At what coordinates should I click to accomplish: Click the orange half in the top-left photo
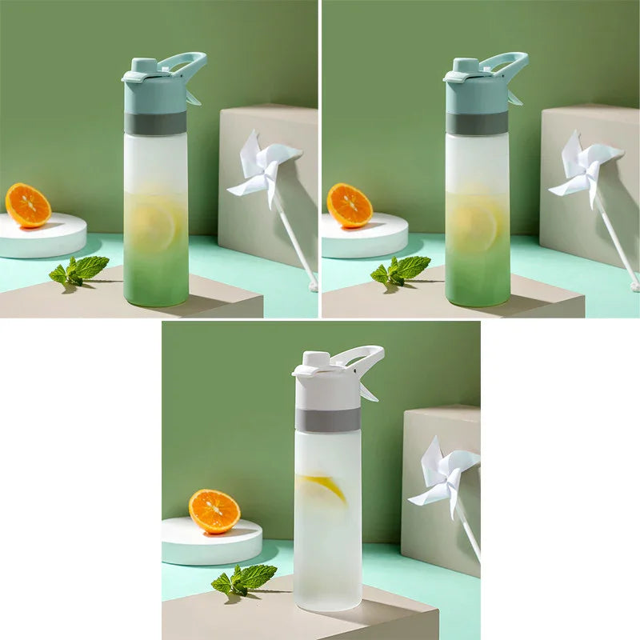[28, 205]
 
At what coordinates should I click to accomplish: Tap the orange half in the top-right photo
[350, 205]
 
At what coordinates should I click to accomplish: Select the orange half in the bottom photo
[214, 511]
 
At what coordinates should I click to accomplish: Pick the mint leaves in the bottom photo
[244, 578]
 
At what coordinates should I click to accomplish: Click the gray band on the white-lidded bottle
[327, 419]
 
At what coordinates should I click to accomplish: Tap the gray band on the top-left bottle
[155, 122]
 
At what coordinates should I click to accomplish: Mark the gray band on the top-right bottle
[477, 122]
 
